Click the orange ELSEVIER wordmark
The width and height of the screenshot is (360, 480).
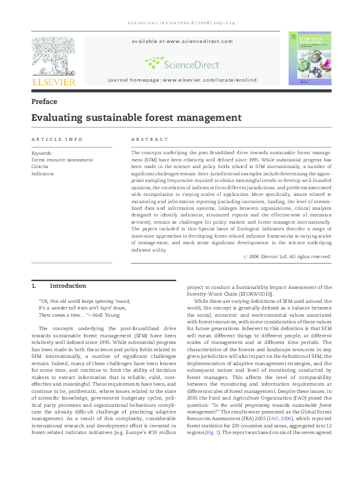(53, 82)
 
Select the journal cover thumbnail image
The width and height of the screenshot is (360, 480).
(309, 59)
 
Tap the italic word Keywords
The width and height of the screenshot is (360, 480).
(42, 153)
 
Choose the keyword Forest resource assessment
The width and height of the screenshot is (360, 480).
(62, 160)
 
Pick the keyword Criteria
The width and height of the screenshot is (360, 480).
(40, 166)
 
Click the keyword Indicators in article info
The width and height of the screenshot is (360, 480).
(42, 173)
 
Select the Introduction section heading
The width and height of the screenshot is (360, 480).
(68, 285)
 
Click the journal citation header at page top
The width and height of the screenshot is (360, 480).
(180, 23)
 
